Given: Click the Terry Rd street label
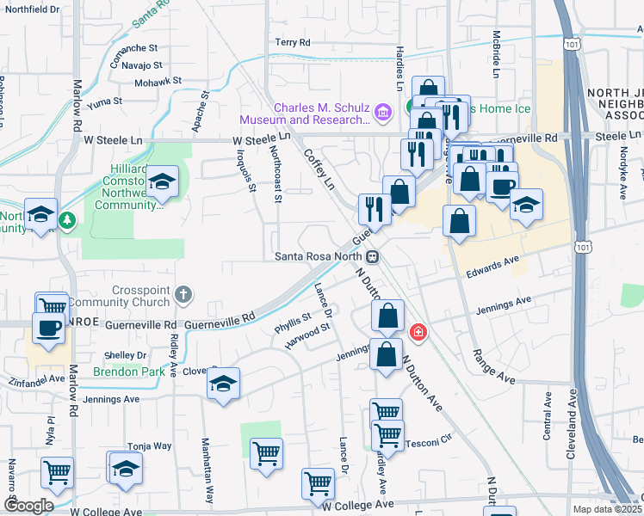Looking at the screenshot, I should (293, 42).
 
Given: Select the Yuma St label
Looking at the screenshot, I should (104, 101).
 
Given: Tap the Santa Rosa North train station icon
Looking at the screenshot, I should (373, 256).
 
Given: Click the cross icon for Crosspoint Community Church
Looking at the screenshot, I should (183, 295).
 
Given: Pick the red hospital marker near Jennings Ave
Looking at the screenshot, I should (418, 331).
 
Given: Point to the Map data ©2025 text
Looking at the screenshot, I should (608, 509).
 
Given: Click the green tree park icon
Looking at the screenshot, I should (67, 221).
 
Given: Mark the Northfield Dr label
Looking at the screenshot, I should (33, 9).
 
